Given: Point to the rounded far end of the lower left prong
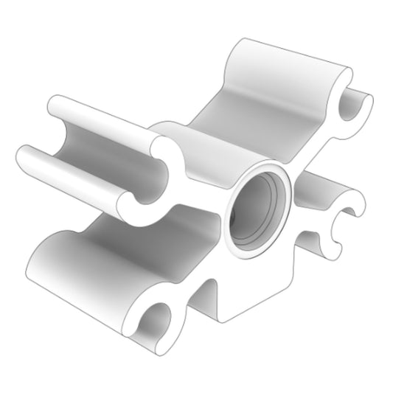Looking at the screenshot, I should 24,156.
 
